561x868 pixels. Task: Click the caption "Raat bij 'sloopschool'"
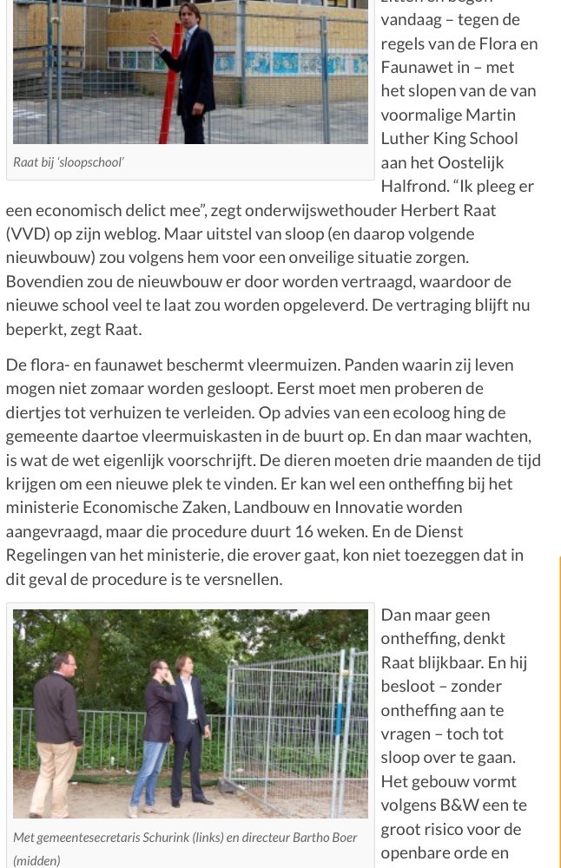click(x=69, y=162)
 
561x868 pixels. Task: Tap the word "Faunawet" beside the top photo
click(x=419, y=67)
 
